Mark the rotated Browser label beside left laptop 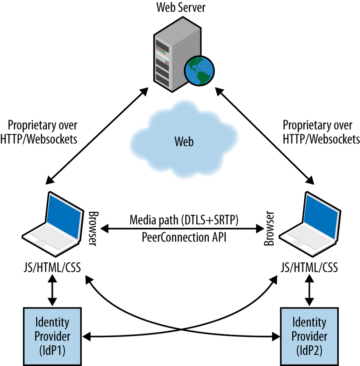pyautogui.click(x=92, y=228)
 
